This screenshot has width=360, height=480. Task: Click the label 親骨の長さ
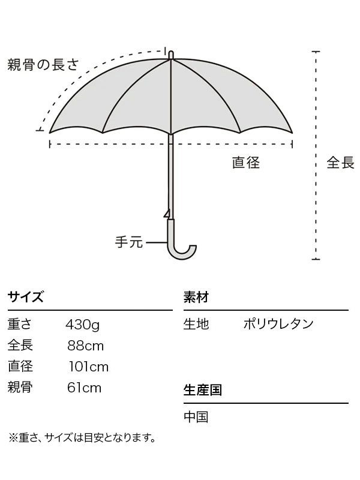pyautogui.click(x=43, y=65)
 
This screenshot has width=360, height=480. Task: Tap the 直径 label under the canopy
pyautogui.click(x=246, y=162)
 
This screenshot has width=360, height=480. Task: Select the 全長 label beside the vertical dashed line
pyautogui.click(x=340, y=163)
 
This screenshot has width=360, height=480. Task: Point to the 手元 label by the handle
pyautogui.click(x=128, y=242)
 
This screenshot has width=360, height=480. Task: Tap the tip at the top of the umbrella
pyautogui.click(x=171, y=55)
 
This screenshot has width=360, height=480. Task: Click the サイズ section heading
pyautogui.click(x=25, y=297)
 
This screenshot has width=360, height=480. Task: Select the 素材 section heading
pyautogui.click(x=196, y=297)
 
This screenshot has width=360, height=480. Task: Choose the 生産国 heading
pyautogui.click(x=203, y=390)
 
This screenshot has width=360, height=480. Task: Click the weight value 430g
pyautogui.click(x=82, y=325)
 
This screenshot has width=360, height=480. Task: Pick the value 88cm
pyautogui.click(x=86, y=346)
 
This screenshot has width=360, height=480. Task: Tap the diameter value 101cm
pyautogui.click(x=88, y=367)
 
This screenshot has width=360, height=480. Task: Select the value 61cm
pyautogui.click(x=85, y=388)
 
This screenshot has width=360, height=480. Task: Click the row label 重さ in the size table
pyautogui.click(x=20, y=325)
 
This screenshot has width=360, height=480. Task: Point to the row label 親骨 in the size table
pyautogui.click(x=20, y=388)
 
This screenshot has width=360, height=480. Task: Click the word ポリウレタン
pyautogui.click(x=278, y=325)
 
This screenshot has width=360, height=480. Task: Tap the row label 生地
pyautogui.click(x=196, y=325)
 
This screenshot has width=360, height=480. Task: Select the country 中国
pyautogui.click(x=196, y=416)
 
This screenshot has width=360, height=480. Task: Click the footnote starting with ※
pyautogui.click(x=82, y=438)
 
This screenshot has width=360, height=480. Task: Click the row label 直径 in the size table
pyautogui.click(x=20, y=367)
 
